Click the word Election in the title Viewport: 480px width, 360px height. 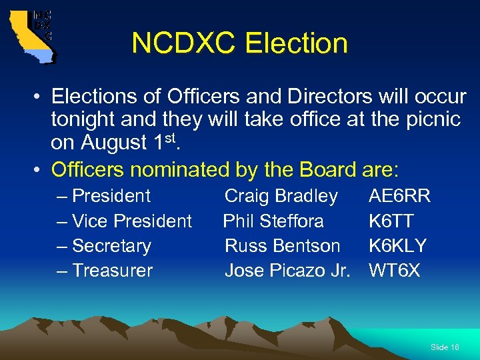tap(296, 43)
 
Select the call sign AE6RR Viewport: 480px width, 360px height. tap(399, 196)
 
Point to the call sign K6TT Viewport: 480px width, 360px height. tap(391, 221)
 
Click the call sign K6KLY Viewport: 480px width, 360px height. tap(397, 245)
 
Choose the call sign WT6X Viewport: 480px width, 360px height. tap(395, 270)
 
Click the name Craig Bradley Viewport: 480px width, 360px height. tap(281, 196)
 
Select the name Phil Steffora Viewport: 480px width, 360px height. tap(273, 221)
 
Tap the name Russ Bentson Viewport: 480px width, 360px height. tap(282, 245)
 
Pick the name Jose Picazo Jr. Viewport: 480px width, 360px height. tap(287, 270)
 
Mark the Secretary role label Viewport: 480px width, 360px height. tap(111, 245)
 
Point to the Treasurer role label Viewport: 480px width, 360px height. tap(112, 270)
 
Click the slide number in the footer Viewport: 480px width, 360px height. tap(445, 347)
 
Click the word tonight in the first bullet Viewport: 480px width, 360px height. tap(85, 120)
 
